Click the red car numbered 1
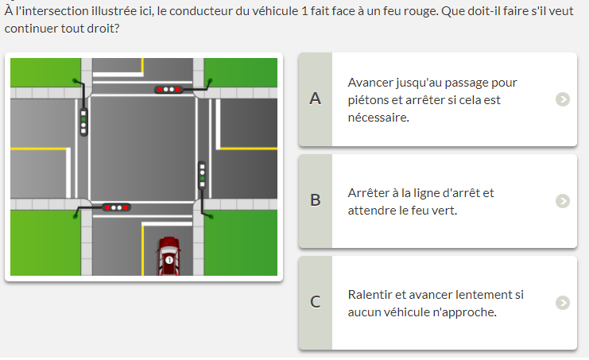(169, 256)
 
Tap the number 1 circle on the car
(169, 260)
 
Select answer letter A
(315, 99)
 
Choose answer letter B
(315, 200)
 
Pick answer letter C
(315, 302)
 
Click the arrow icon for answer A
(562, 99)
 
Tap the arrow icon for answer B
(562, 201)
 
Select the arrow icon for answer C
(562, 303)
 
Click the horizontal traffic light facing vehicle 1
(116, 207)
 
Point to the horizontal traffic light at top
(169, 89)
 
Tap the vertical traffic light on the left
(83, 122)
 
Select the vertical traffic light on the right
(202, 176)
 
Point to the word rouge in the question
(424, 12)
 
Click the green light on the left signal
(83, 119)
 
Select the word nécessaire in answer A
(378, 118)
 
